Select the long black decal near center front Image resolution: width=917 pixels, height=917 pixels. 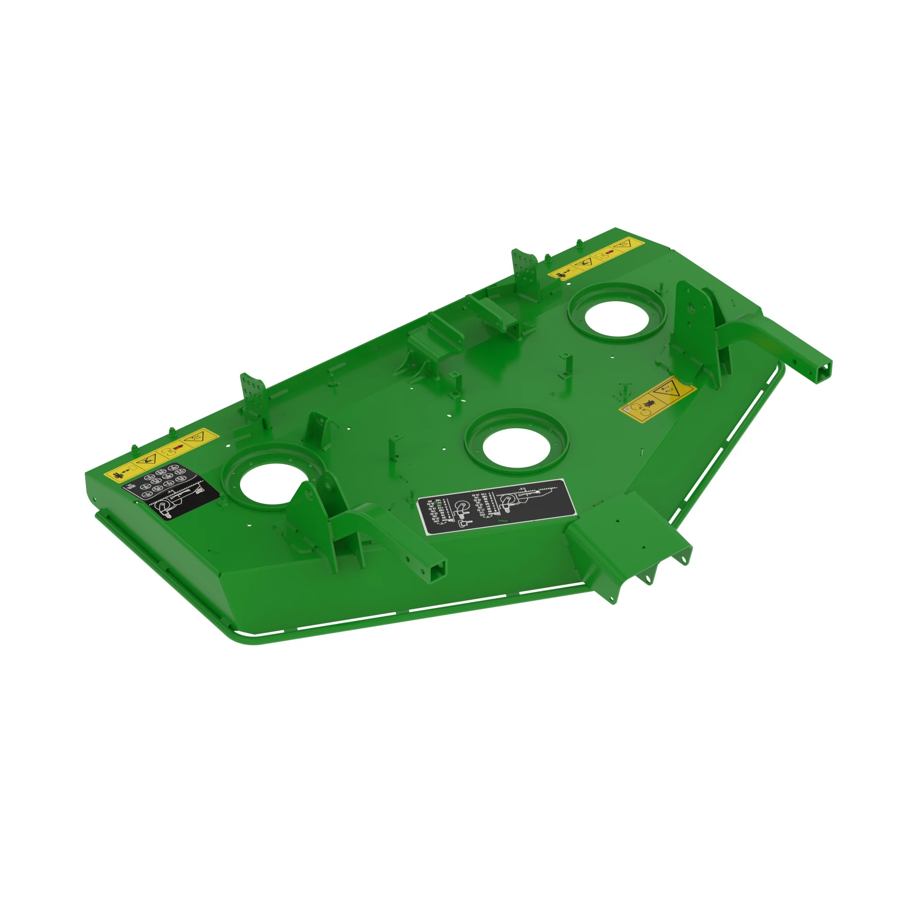coord(496,507)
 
